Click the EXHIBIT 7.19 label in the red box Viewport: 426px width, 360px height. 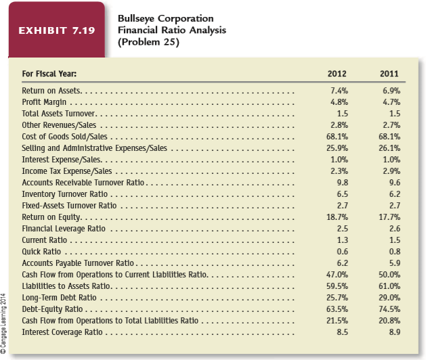click(x=57, y=30)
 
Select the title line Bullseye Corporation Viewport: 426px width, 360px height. click(x=166, y=18)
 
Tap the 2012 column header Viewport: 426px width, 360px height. click(x=337, y=74)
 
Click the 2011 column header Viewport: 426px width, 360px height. click(x=389, y=74)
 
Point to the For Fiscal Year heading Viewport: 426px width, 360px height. click(x=49, y=74)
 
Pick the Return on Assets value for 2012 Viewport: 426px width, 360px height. click(x=339, y=91)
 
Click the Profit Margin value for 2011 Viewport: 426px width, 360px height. click(x=391, y=102)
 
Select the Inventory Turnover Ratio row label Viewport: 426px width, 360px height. click(x=64, y=194)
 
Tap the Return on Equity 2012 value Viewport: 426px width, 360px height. click(x=337, y=217)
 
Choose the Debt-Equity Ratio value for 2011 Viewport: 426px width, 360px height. click(x=389, y=309)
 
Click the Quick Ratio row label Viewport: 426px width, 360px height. click(x=41, y=252)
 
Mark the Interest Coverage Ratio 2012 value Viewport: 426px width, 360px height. click(x=342, y=332)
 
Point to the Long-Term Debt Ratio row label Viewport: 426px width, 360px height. click(x=59, y=298)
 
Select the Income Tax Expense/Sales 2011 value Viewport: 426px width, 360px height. click(x=391, y=171)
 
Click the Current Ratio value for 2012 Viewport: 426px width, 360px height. click(x=342, y=240)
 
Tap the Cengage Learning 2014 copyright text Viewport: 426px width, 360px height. click(x=3, y=323)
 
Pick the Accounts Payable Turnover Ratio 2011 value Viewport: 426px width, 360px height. click(x=395, y=263)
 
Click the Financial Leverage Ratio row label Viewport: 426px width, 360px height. click(x=64, y=229)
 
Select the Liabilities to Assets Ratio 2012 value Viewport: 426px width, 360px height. click(x=337, y=286)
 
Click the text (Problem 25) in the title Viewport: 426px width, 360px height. click(x=148, y=42)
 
